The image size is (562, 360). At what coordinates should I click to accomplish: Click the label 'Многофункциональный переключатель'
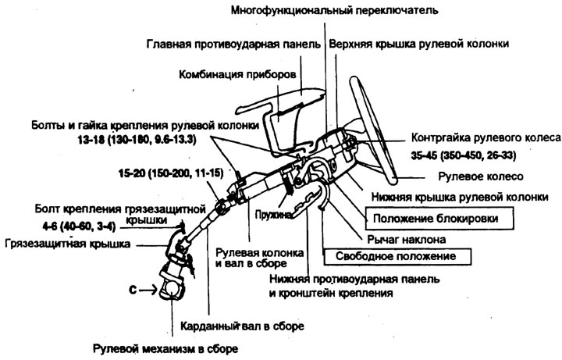pyautogui.click(x=334, y=10)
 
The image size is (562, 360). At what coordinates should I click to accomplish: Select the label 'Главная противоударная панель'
pyautogui.click(x=233, y=44)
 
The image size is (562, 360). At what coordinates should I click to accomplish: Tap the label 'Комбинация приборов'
pyautogui.click(x=237, y=75)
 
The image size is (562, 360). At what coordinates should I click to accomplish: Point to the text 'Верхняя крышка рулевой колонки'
pyautogui.click(x=418, y=44)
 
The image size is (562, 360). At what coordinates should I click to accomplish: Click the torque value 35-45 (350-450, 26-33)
pyautogui.click(x=464, y=155)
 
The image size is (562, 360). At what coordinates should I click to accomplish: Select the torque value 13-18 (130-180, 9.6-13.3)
pyautogui.click(x=137, y=139)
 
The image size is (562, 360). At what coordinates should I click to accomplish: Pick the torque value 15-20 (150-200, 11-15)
pyautogui.click(x=171, y=173)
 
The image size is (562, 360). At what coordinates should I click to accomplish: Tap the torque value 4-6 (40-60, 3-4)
pyautogui.click(x=79, y=226)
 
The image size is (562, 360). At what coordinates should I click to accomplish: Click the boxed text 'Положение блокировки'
pyautogui.click(x=436, y=219)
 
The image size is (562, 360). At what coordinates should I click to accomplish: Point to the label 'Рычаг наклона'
pyautogui.click(x=407, y=239)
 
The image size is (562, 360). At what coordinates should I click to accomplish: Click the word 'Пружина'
pyautogui.click(x=273, y=215)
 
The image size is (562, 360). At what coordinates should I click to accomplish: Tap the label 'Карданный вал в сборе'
pyautogui.click(x=242, y=326)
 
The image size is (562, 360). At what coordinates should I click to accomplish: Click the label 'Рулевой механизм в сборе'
pyautogui.click(x=165, y=348)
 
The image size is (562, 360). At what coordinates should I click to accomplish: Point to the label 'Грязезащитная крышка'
pyautogui.click(x=68, y=244)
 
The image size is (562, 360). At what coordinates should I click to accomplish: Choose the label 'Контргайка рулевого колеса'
pyautogui.click(x=486, y=137)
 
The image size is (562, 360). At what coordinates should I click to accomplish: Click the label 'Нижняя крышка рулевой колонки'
pyautogui.click(x=460, y=197)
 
